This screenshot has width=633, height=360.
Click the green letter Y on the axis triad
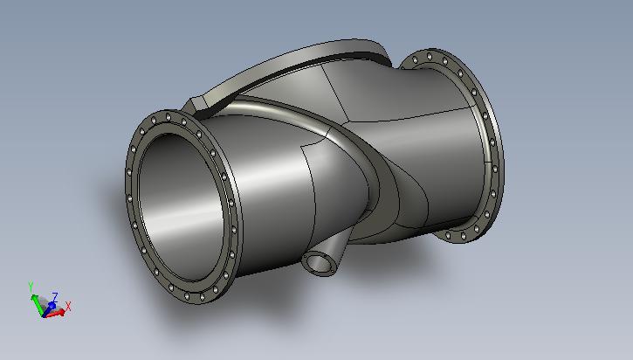31,287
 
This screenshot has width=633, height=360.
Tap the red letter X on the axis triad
68,307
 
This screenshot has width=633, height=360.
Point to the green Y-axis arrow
38,304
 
